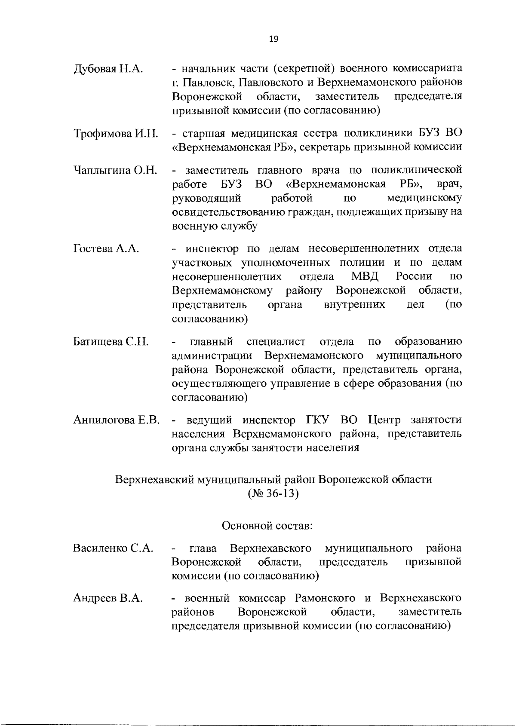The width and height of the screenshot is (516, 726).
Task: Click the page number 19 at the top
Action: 273,39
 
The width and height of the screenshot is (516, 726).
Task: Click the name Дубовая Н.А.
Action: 108,69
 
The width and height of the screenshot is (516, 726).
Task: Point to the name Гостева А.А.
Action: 106,248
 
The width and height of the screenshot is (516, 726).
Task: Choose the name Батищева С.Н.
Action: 111,342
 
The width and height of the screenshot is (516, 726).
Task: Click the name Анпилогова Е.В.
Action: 117,420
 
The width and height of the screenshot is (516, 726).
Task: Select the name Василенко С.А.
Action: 114,548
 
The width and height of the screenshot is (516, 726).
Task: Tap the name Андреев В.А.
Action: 107,598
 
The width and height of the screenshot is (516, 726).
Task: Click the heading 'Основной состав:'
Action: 267,525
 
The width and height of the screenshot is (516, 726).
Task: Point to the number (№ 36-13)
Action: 273,493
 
